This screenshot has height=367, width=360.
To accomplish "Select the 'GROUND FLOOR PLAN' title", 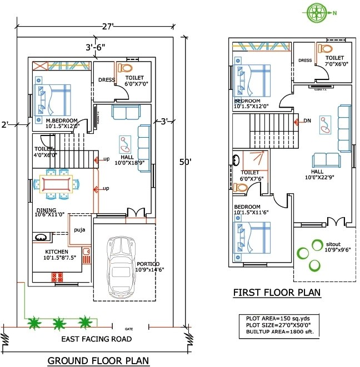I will pyautogui.click(x=98, y=360).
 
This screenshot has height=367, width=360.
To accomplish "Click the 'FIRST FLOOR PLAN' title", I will pyautogui.click(x=276, y=293).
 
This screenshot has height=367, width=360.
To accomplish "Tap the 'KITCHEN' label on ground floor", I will pyautogui.click(x=57, y=251).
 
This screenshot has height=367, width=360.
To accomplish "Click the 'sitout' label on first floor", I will pyautogui.click(x=333, y=244).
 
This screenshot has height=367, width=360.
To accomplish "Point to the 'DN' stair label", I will pyautogui.click(x=307, y=120).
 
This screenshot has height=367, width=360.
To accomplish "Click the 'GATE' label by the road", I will pyautogui.click(x=129, y=329).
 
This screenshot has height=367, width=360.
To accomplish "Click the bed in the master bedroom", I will pyautogui.click(x=54, y=100).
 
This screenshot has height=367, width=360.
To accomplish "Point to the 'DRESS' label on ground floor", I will pyautogui.click(x=106, y=80).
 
